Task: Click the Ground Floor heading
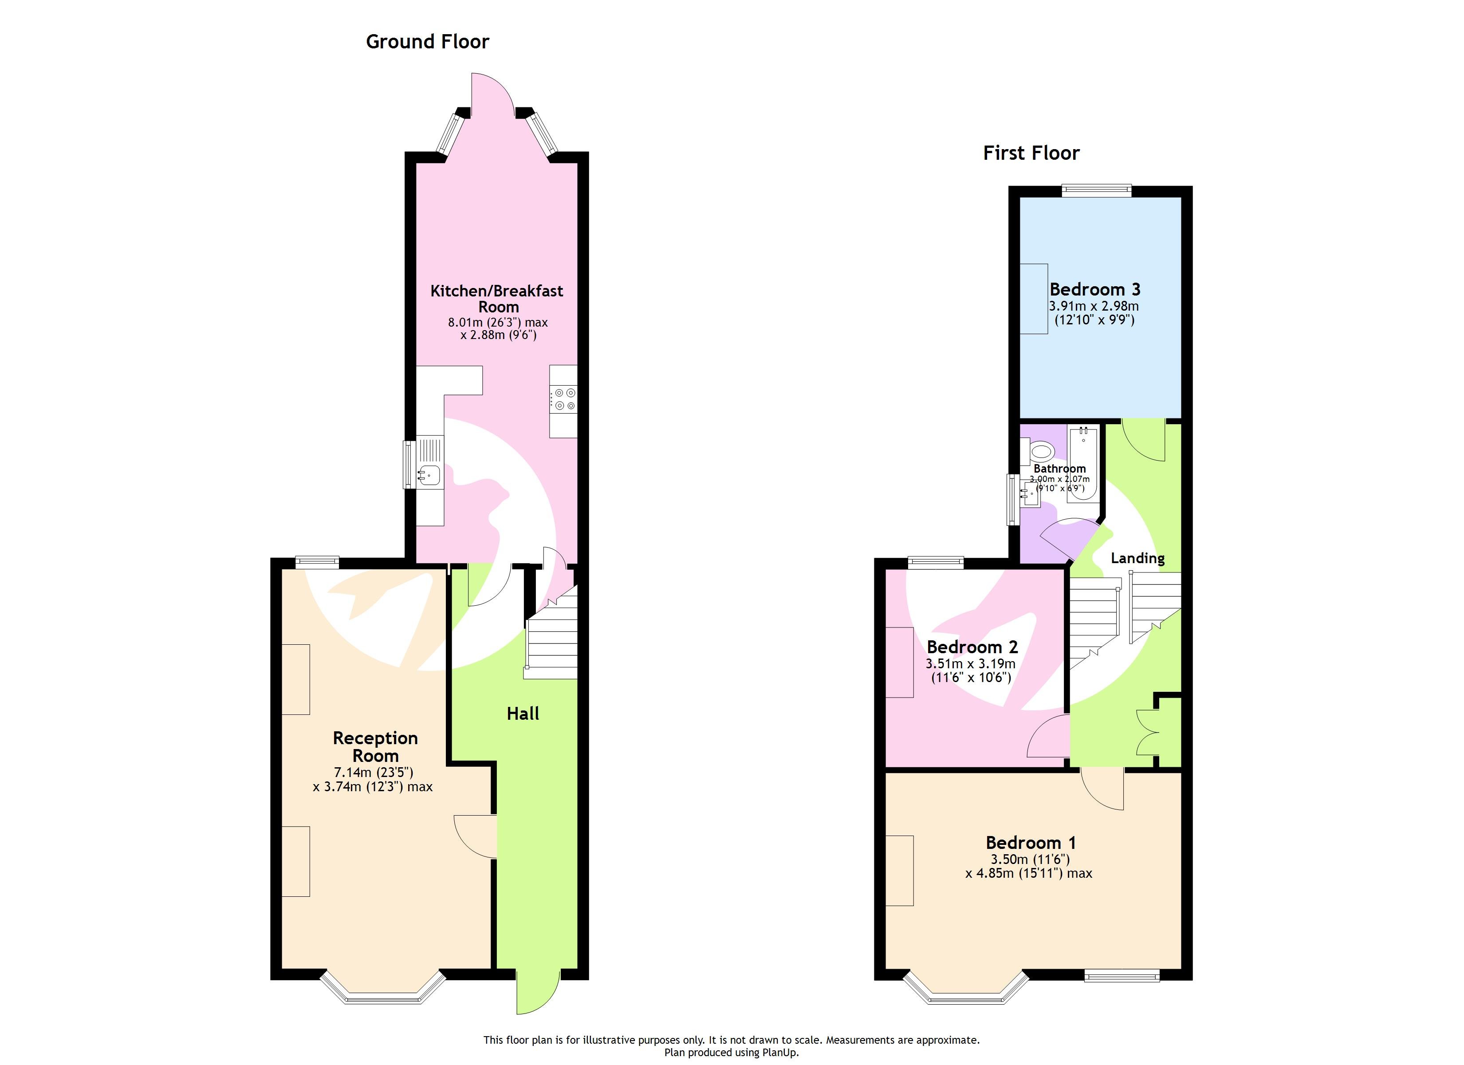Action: (427, 42)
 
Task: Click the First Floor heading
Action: (1031, 153)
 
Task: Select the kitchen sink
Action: (429, 475)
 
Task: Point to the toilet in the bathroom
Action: (1041, 450)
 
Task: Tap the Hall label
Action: (523, 714)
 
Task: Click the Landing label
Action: (1137, 558)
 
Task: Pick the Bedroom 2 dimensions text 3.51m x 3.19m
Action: (971, 664)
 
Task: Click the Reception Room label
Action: (375, 746)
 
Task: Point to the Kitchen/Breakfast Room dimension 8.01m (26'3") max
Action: (498, 322)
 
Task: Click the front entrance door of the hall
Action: (537, 991)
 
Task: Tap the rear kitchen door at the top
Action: (492, 97)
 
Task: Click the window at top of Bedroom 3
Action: (1097, 190)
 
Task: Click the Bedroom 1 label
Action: (1030, 843)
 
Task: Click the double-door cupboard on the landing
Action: (1155, 733)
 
